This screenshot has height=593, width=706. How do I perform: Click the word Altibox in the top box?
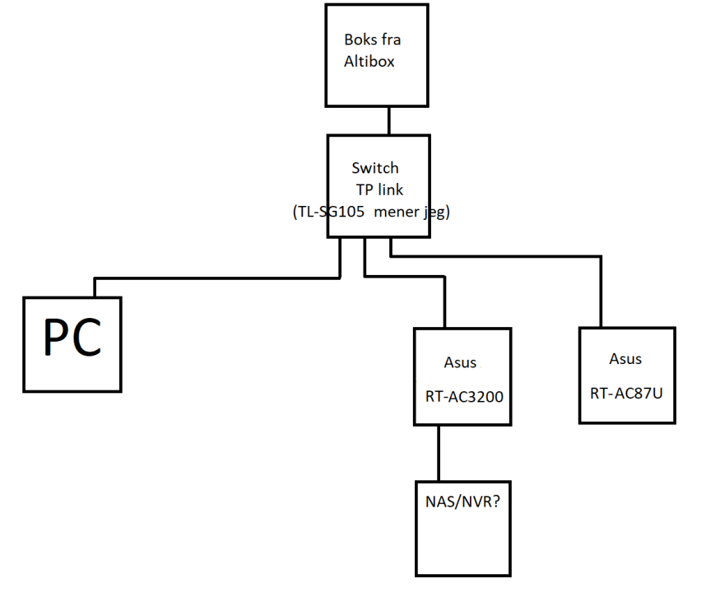(370, 61)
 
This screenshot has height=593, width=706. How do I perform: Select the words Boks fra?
(371, 40)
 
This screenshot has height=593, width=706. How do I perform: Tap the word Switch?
(374, 168)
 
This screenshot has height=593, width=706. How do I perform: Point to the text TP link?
(379, 189)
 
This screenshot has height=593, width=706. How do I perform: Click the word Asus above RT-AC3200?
(460, 363)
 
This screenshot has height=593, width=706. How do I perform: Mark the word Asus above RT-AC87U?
(626, 359)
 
